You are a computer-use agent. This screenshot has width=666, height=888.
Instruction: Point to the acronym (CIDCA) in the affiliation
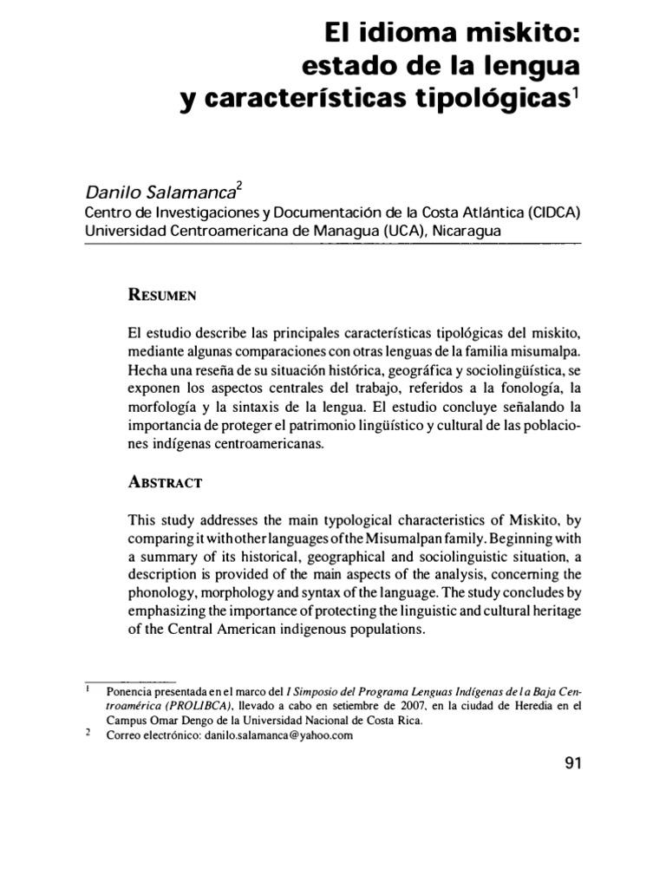(551, 212)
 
